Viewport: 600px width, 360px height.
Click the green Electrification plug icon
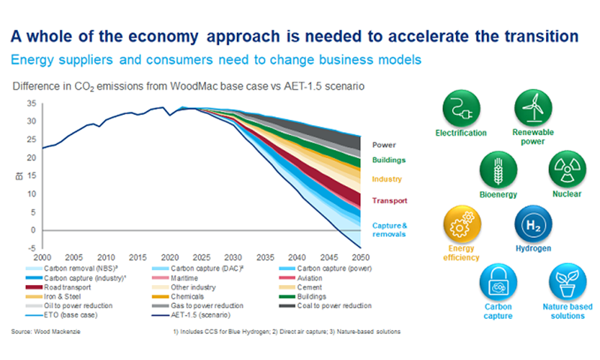(x=460, y=110)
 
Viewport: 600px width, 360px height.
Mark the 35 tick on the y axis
(x=31, y=103)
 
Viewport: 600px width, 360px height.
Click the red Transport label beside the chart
(x=389, y=201)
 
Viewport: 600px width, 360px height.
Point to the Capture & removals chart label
(x=389, y=229)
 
